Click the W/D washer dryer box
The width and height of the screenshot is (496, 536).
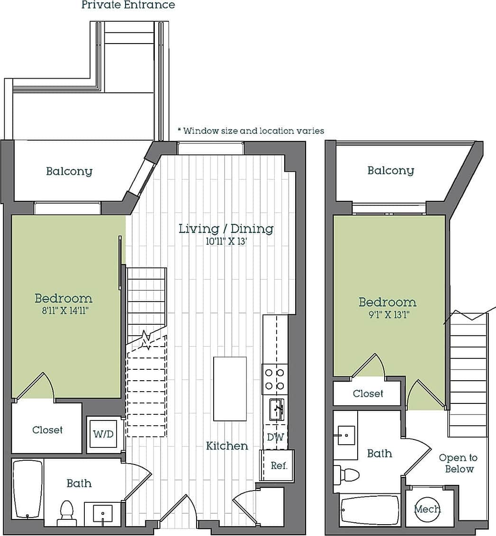click(x=103, y=434)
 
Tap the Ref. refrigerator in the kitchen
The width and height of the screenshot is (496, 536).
click(x=279, y=465)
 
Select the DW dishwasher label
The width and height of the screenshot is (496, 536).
click(x=275, y=437)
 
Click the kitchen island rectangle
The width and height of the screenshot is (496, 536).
click(x=230, y=389)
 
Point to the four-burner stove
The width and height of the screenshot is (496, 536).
click(x=275, y=379)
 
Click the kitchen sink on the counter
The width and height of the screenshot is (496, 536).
click(x=276, y=409)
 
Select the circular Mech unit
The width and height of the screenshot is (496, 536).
click(x=426, y=509)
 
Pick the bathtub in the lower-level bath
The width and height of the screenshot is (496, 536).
click(x=28, y=489)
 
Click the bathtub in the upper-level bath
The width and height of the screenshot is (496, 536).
click(x=370, y=510)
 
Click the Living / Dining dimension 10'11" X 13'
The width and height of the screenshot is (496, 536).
click(x=226, y=241)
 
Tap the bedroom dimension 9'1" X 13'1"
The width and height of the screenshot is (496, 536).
click(x=388, y=314)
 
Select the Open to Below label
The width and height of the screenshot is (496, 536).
click(x=458, y=463)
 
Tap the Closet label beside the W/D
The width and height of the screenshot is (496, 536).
click(x=47, y=430)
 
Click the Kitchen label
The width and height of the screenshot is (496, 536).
click(x=227, y=446)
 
